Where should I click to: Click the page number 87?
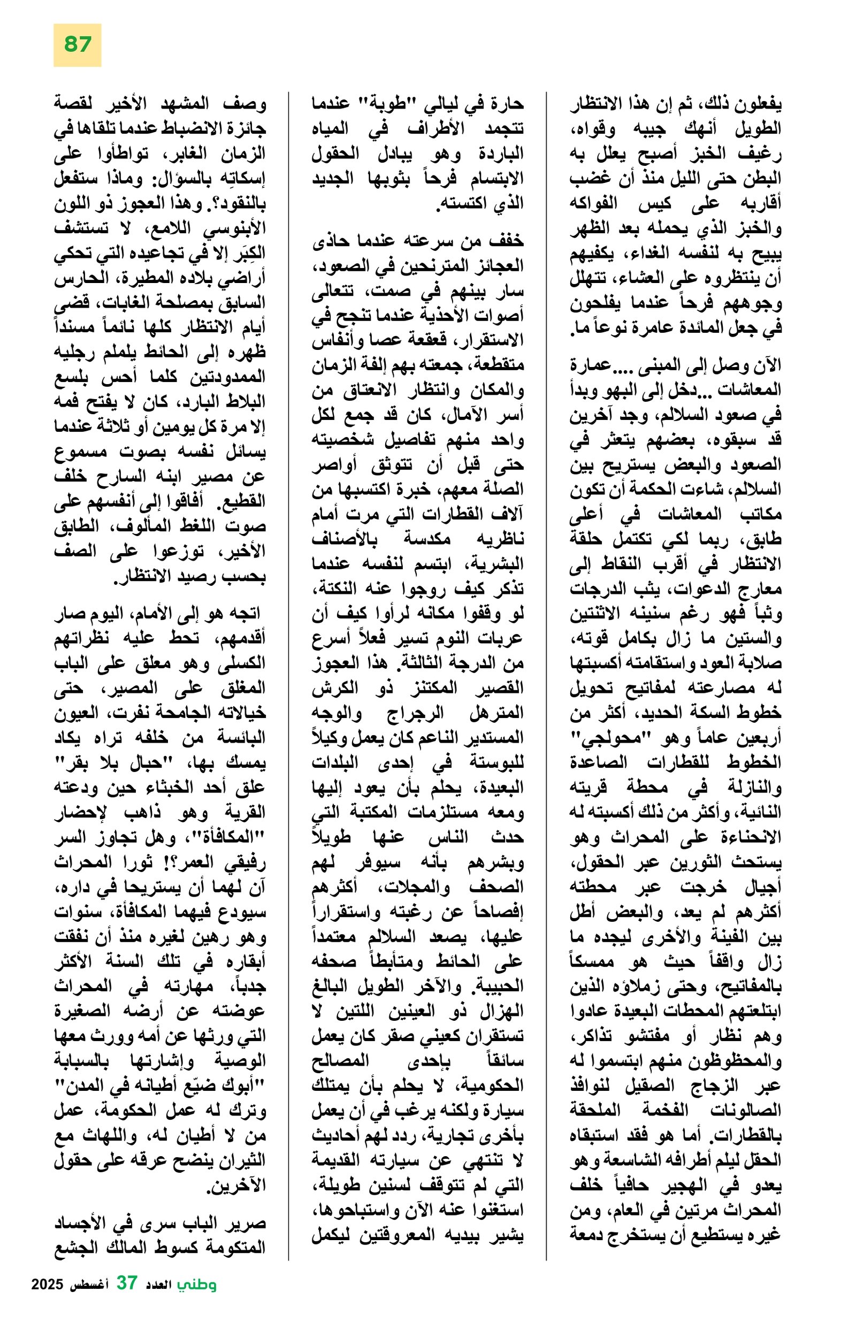[77, 44]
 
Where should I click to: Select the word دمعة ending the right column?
[591, 1234]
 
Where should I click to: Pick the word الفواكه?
[594, 203]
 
